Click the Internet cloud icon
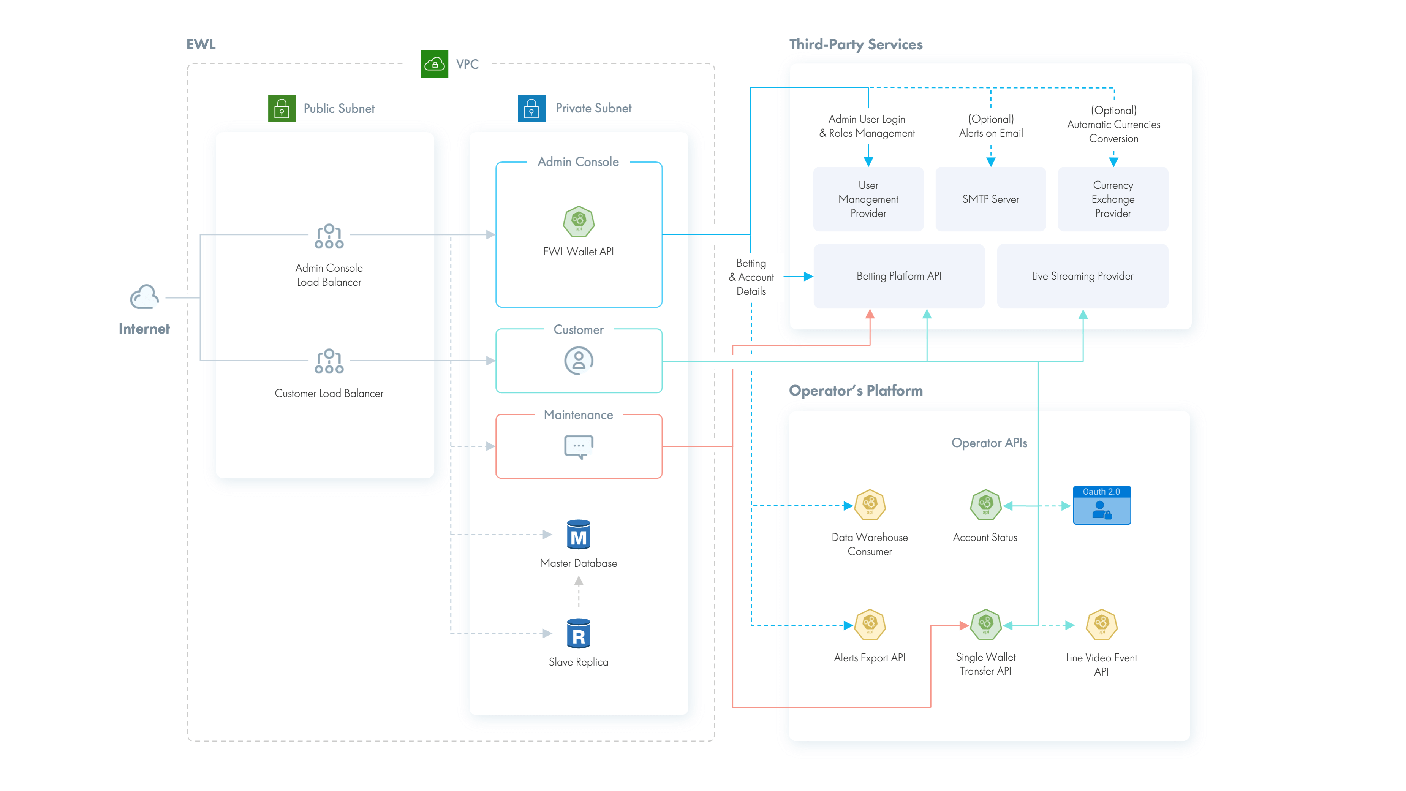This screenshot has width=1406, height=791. click(144, 297)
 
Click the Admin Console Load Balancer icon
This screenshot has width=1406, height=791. click(329, 236)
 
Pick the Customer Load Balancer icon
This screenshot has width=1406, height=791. click(329, 361)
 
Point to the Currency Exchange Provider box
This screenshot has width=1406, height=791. click(1112, 199)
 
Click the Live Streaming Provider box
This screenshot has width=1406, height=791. click(1082, 276)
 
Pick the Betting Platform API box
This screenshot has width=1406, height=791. click(898, 276)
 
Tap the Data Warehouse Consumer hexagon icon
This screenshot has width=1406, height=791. click(870, 505)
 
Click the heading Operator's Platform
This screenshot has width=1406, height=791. click(855, 391)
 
